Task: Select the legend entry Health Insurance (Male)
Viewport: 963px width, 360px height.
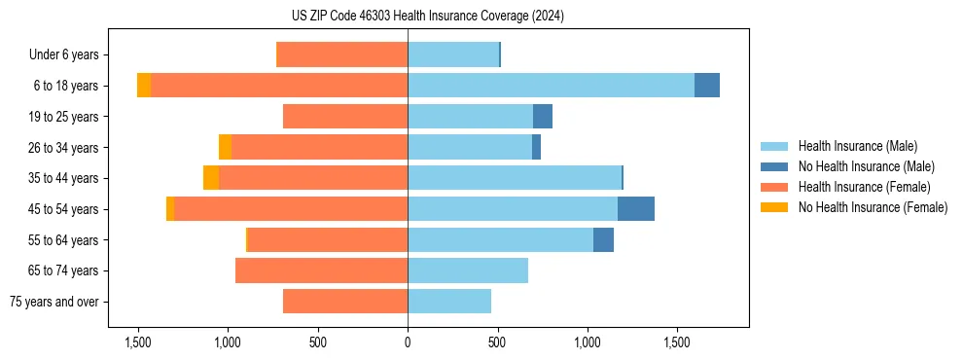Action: coord(857,146)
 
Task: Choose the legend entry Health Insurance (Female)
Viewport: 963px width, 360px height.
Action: coord(864,187)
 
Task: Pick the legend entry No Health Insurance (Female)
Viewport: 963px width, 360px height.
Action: coord(873,207)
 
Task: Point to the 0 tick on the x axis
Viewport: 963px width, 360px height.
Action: coord(408,342)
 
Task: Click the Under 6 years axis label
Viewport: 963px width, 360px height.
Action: coord(69,54)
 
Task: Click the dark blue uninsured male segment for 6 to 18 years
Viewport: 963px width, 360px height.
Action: coord(707,86)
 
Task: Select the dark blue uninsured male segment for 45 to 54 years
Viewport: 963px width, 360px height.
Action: coord(636,209)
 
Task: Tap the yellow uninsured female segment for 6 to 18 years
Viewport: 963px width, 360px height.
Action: coord(144,86)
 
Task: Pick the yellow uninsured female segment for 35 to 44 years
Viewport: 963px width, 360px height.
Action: coord(211,178)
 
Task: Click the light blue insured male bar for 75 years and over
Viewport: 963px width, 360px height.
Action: coord(449,302)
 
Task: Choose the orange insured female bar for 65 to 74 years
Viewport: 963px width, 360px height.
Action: coord(321,270)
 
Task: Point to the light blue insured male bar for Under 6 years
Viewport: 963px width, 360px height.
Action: coord(453,54)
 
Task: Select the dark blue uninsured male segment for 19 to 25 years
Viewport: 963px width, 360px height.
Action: coord(543,117)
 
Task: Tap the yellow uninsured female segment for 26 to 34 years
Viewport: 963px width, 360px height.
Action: coord(225,147)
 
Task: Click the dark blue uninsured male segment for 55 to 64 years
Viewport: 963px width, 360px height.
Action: coord(603,239)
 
